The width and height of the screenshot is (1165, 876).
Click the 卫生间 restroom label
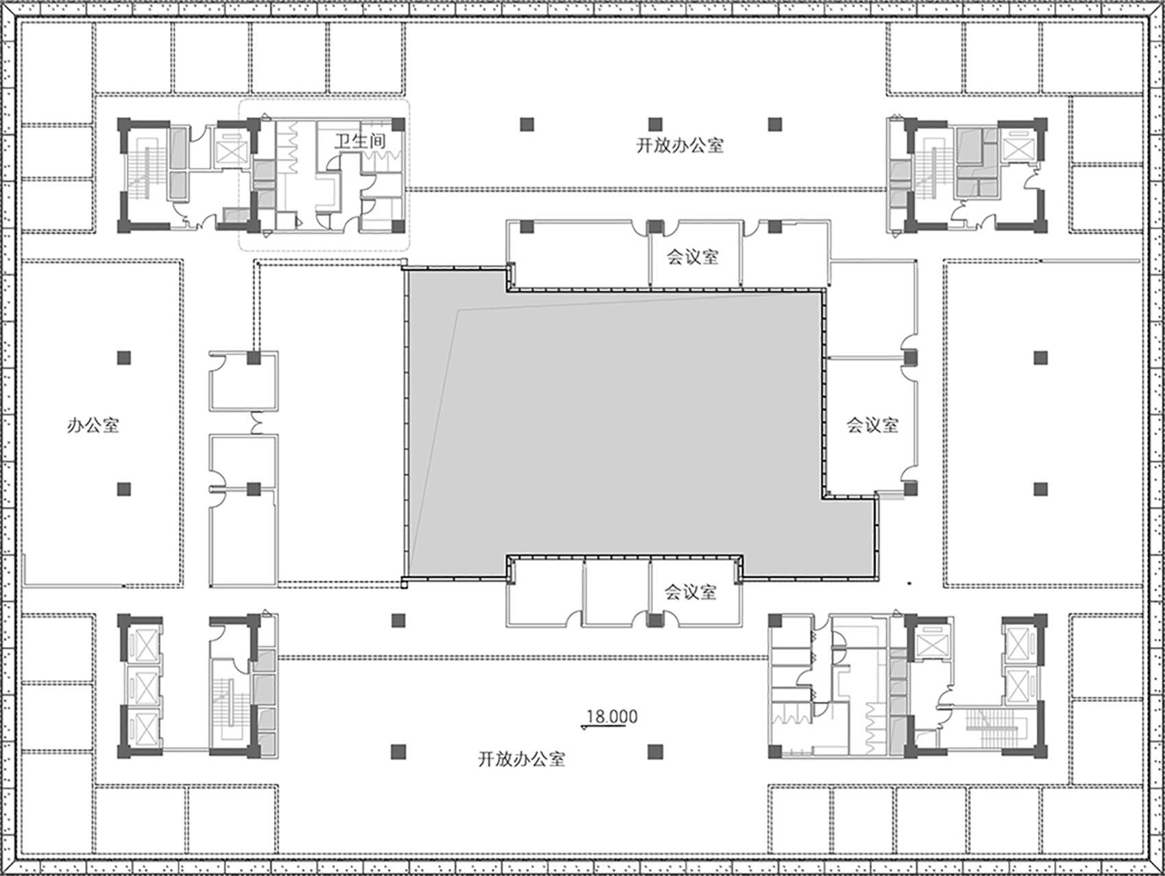(360, 141)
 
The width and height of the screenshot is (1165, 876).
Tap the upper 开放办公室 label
(679, 145)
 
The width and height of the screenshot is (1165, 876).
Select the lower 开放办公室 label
(522, 759)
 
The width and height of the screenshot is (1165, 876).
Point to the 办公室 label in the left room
(93, 425)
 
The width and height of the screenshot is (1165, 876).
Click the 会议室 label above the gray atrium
(693, 257)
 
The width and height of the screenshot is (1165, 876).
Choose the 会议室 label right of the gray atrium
(872, 425)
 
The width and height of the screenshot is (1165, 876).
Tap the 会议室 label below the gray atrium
(691, 591)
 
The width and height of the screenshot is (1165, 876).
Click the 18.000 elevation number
(612, 716)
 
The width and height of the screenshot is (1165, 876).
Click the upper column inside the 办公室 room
(123, 357)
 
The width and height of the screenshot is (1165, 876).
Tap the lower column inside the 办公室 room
(123, 489)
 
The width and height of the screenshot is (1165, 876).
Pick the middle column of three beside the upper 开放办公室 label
(656, 124)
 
